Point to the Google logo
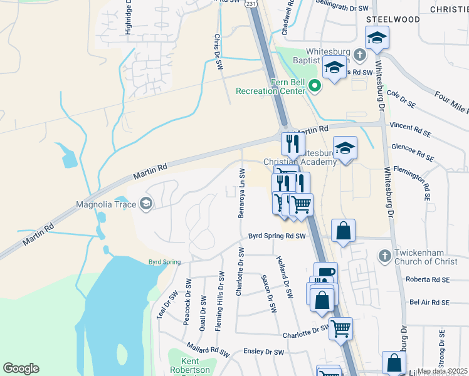pyautogui.click(x=21, y=368)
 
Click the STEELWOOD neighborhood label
pyautogui.click(x=393, y=19)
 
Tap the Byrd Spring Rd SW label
pyautogui.click(x=277, y=236)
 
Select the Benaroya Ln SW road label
pyautogui.click(x=241, y=193)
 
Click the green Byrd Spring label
pyautogui.click(x=164, y=261)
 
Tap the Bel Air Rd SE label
pyautogui.click(x=429, y=302)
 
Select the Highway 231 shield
pyautogui.click(x=251, y=4)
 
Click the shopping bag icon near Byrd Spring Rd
pyautogui.click(x=344, y=231)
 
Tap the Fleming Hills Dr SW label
pyautogui.click(x=220, y=301)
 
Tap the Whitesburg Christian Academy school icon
pyautogui.click(x=345, y=149)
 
